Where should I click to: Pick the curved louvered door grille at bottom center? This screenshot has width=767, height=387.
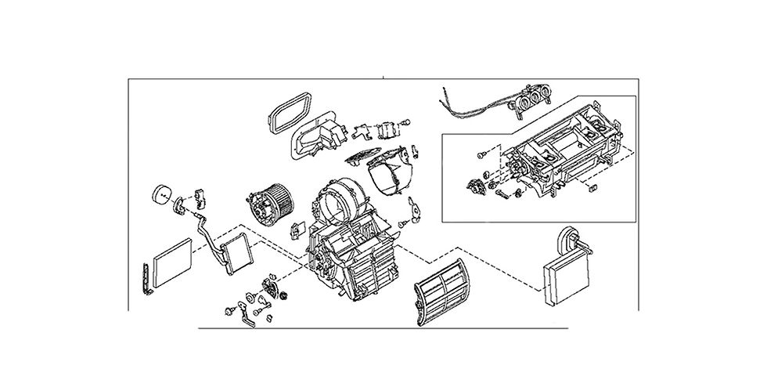[441, 290]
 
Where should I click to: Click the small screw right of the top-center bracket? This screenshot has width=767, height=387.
[407, 121]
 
